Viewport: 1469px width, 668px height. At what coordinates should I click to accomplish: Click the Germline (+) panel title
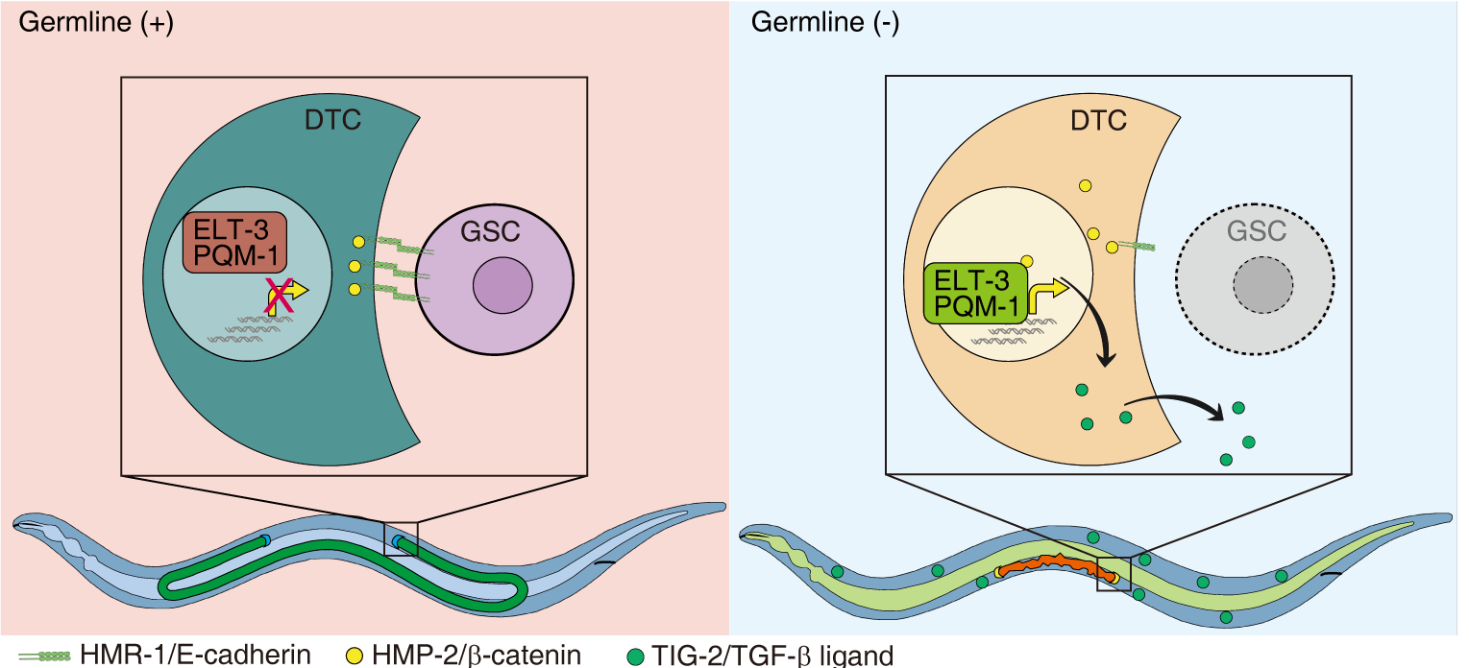(x=94, y=24)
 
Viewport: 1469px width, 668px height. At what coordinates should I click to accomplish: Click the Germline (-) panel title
(x=825, y=24)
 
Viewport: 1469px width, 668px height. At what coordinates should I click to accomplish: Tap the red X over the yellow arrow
(x=280, y=294)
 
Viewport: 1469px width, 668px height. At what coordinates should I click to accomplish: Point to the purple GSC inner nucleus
(x=502, y=283)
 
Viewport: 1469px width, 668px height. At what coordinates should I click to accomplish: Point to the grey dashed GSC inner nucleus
(x=1263, y=283)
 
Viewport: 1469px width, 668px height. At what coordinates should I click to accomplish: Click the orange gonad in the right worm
(x=1057, y=567)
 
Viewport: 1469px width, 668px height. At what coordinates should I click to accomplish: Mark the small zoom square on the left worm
(x=401, y=538)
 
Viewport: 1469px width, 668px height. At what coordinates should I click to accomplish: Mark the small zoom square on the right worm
(x=1114, y=574)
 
